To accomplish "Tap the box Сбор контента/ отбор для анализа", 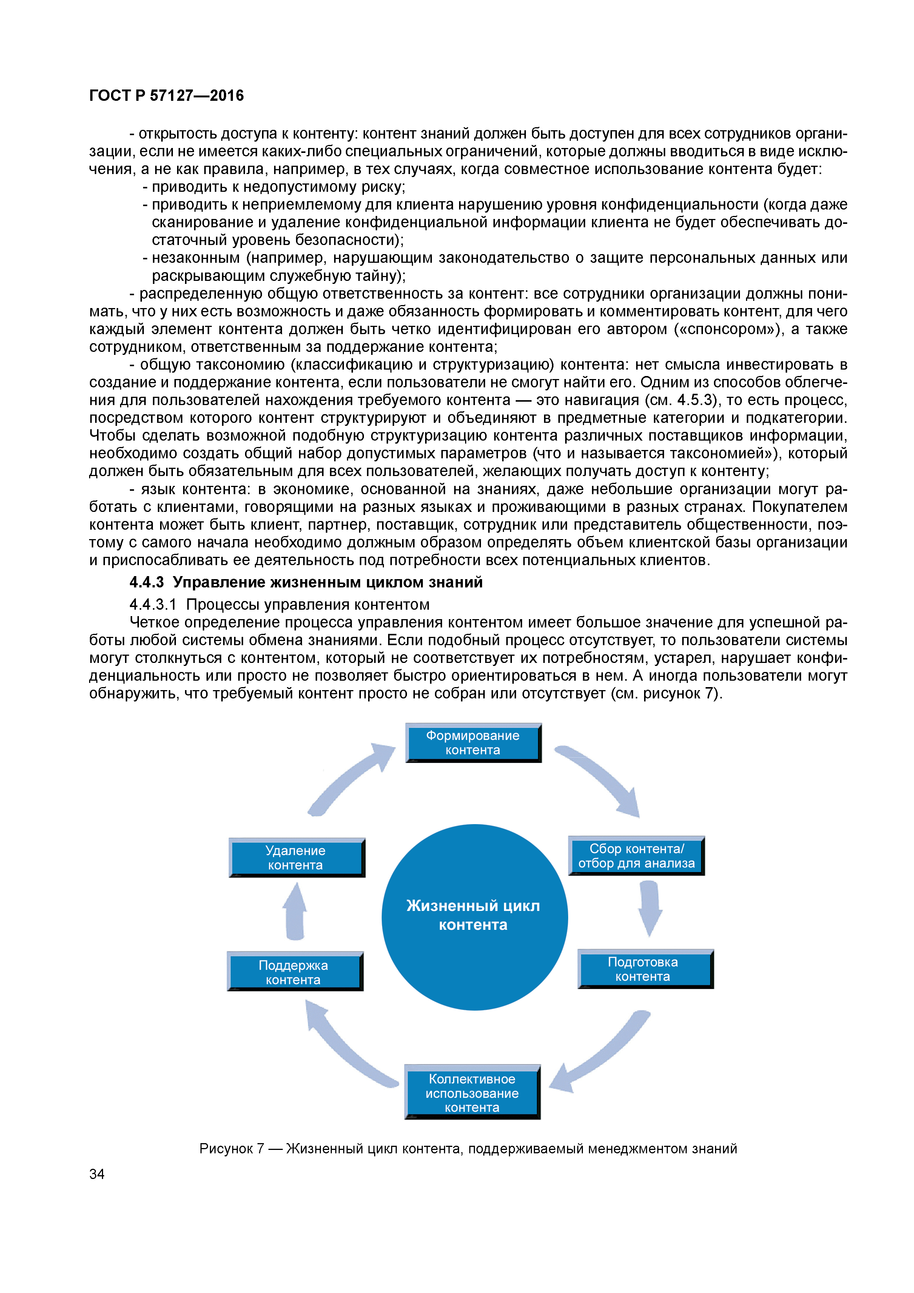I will tap(637, 855).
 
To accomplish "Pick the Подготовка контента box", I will tap(645, 969).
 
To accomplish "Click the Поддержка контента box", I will tap(294, 972).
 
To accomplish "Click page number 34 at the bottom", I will tap(97, 1174).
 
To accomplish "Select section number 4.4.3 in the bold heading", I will tap(146, 582).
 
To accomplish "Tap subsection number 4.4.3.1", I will tap(153, 604).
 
